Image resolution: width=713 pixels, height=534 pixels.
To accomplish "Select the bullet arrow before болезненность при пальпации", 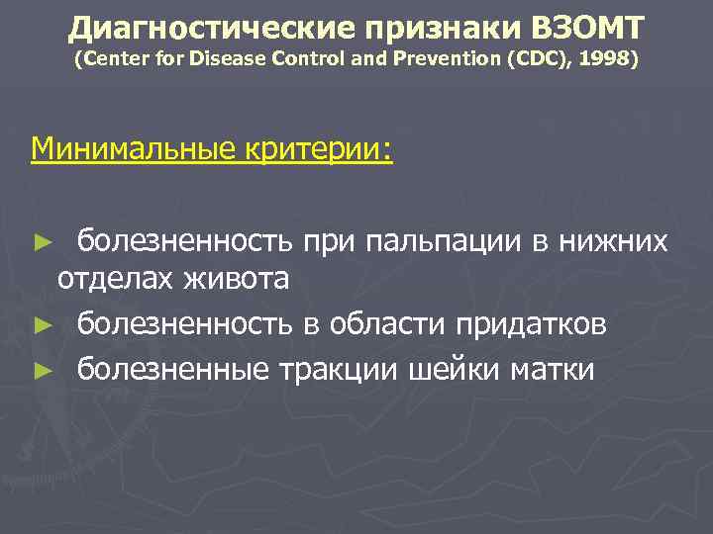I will (x=41, y=241).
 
